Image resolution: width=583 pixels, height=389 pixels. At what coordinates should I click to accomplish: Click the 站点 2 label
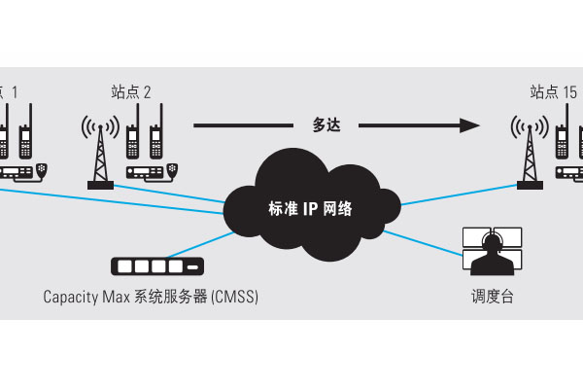coord(131,92)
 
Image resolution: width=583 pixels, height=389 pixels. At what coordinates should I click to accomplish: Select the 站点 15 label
coord(554,92)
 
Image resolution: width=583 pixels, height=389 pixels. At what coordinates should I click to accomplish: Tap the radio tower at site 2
coord(99,151)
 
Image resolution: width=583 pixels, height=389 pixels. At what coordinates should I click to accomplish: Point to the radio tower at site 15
coord(528,151)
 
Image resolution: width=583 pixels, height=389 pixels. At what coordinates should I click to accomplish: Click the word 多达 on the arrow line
coord(326,124)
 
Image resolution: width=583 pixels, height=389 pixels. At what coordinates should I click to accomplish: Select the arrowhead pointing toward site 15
coord(470,124)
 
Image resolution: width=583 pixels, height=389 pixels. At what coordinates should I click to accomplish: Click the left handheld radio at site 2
coord(133,136)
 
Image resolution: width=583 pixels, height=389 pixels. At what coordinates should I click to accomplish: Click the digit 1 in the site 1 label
coord(15,92)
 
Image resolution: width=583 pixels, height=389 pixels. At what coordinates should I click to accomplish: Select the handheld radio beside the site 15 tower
coord(562,136)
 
